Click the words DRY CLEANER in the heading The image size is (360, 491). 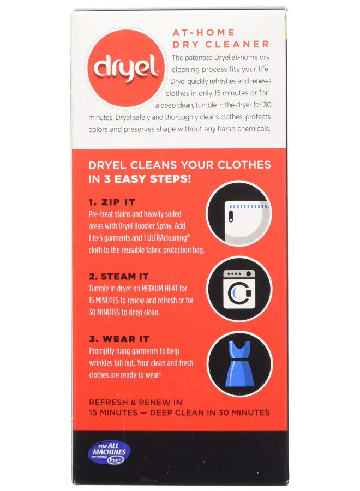[x=221, y=44]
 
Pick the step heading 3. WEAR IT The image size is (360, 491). [x=119, y=339]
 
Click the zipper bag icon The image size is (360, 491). [x=238, y=213]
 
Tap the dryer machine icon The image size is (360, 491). [x=238, y=289]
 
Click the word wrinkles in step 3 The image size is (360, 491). [x=102, y=362]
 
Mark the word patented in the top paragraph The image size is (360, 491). [x=199, y=57]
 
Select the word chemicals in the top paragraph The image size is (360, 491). [x=250, y=129]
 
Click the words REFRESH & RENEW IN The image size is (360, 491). [x=135, y=403]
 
